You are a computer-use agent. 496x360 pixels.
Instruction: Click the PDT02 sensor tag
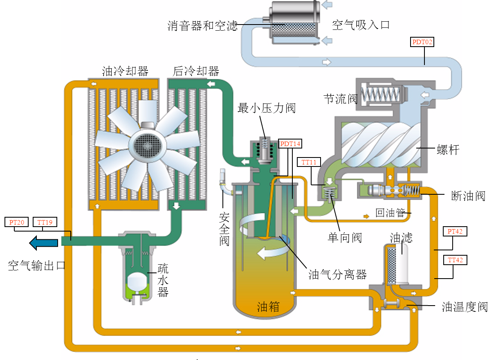[x=422, y=42]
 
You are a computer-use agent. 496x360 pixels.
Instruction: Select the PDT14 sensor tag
[x=290, y=144]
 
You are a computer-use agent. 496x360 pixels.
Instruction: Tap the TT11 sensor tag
[x=309, y=162]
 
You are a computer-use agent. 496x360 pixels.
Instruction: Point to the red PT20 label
[x=17, y=223]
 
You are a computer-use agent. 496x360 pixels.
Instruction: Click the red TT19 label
[x=45, y=223]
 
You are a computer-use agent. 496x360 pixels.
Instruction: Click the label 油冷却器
[x=125, y=71]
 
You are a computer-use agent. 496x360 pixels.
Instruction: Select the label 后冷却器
[x=196, y=71]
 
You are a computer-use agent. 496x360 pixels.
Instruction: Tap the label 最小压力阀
[x=267, y=108]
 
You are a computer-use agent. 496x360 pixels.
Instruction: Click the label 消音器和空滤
[x=202, y=26]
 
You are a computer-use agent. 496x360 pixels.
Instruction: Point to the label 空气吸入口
[x=361, y=25]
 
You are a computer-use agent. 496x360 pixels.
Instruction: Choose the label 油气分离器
[x=337, y=274]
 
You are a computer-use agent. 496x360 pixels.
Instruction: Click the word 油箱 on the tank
[x=268, y=306]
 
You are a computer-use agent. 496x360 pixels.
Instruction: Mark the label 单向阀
[x=345, y=238]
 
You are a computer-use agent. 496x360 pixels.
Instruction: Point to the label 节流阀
[x=340, y=99]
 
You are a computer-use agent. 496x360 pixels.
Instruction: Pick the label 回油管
[x=390, y=213]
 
